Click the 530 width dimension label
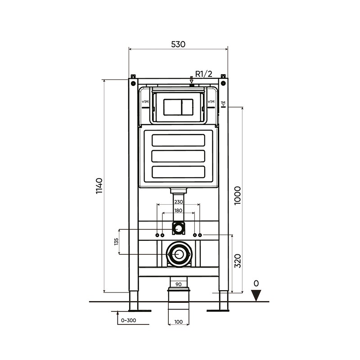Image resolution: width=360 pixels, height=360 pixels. (178, 44)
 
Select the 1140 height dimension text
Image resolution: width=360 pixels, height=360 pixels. (99, 186)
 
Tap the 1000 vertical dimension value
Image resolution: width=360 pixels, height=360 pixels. (238, 196)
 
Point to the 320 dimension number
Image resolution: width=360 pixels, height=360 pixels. (238, 261)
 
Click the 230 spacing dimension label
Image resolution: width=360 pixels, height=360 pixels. (179, 202)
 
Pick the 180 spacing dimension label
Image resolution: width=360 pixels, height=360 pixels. (178, 211)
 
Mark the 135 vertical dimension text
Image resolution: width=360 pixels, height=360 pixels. (116, 242)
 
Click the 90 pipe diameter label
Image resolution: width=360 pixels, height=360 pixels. (178, 284)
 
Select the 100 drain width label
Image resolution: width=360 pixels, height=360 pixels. (178, 322)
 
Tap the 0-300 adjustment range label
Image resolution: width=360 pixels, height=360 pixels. (128, 320)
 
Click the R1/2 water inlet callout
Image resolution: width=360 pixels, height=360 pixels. (204, 74)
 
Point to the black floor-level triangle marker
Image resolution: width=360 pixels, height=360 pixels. (256, 295)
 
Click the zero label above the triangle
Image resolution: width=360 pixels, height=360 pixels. (256, 283)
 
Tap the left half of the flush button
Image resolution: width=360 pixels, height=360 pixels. (172, 107)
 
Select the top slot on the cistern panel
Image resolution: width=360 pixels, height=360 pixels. (178, 140)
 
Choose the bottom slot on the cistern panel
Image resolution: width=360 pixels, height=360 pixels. (178, 172)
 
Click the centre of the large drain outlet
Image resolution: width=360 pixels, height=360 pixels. (179, 254)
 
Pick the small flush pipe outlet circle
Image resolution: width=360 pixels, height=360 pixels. (178, 229)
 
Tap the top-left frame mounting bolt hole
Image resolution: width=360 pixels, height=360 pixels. (133, 83)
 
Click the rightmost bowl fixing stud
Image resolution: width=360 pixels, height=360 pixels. (200, 235)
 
